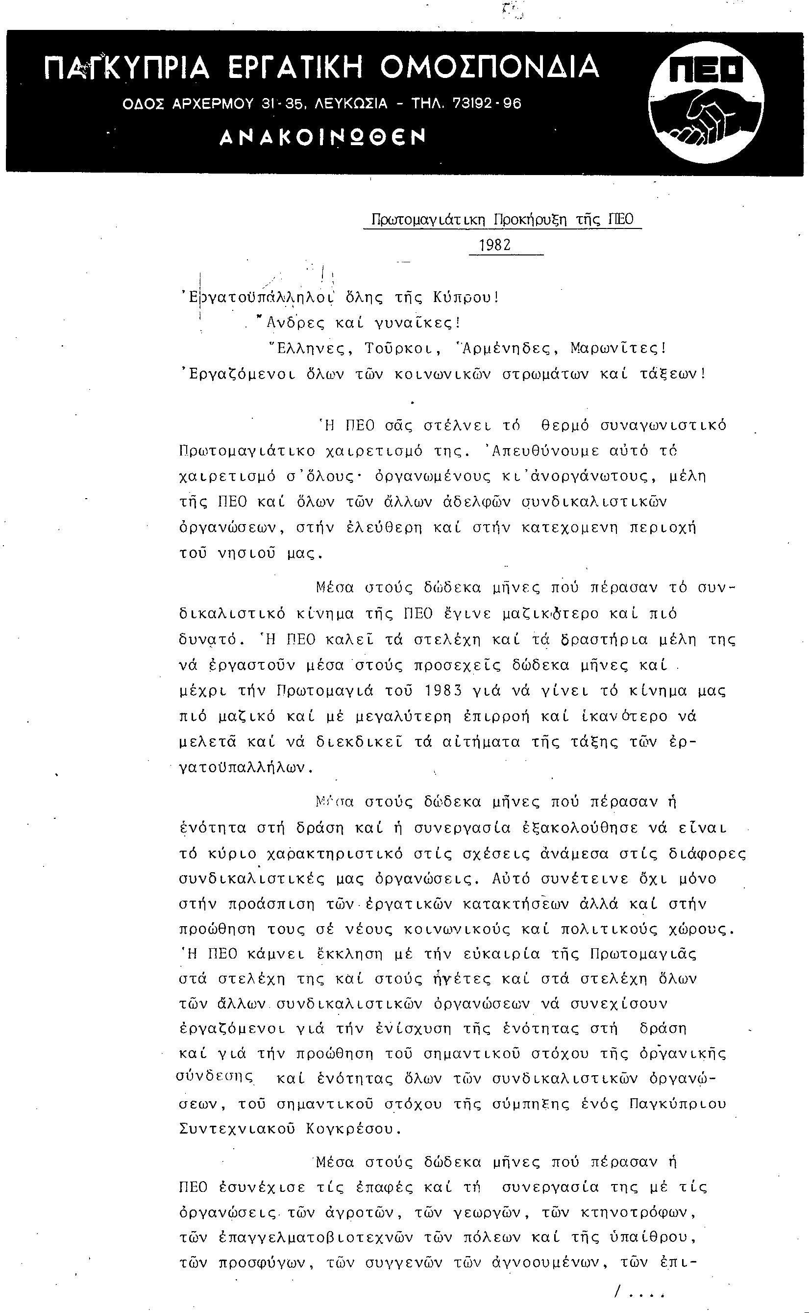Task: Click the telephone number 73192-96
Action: (487, 103)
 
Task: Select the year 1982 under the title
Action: (495, 245)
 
